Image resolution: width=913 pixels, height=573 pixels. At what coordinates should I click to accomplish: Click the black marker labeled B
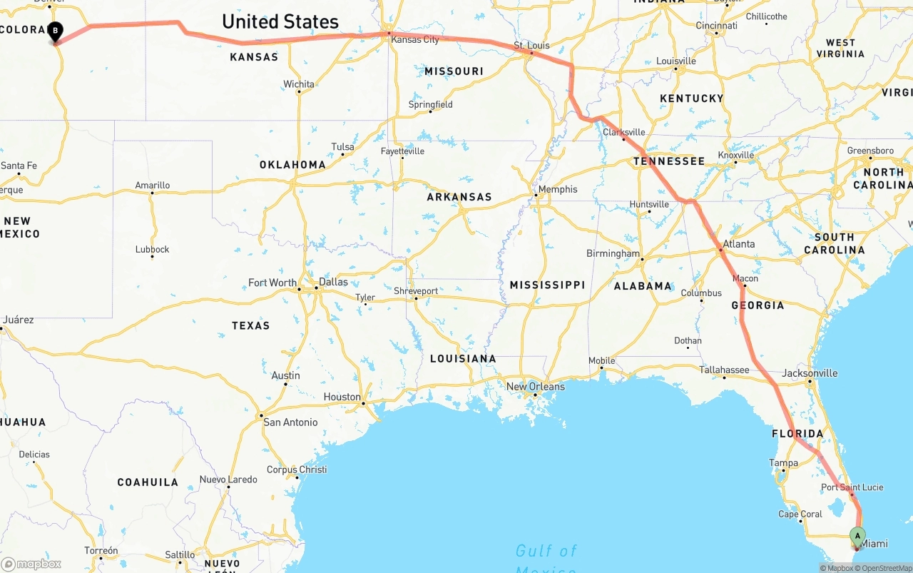[55, 31]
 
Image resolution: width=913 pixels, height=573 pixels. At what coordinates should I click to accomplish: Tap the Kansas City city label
[415, 40]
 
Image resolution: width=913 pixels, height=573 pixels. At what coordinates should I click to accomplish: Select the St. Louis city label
[531, 46]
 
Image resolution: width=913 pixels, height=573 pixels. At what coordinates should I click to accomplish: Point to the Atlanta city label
[738, 244]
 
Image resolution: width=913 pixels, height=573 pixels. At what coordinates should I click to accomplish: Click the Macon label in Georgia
[745, 278]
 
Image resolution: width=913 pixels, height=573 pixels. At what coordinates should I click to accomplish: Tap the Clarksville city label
[624, 132]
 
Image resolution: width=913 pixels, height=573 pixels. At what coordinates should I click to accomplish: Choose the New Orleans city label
[535, 387]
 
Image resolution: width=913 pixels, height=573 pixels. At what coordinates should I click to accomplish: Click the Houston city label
[342, 397]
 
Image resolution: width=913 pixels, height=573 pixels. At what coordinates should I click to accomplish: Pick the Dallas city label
[333, 282]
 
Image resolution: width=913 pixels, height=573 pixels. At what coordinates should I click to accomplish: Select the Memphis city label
[558, 190]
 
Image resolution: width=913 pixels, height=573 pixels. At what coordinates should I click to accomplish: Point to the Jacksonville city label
[810, 373]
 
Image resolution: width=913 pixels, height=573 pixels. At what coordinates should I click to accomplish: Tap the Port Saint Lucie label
[852, 487]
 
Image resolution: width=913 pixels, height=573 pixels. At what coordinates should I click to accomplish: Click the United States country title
[280, 21]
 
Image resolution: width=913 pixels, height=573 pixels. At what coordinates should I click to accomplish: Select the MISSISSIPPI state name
[547, 285]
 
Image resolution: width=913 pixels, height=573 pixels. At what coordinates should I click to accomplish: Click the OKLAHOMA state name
[292, 165]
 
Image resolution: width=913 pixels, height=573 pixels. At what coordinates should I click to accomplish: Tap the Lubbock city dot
[152, 257]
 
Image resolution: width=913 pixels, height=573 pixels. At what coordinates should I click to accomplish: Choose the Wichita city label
[299, 84]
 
